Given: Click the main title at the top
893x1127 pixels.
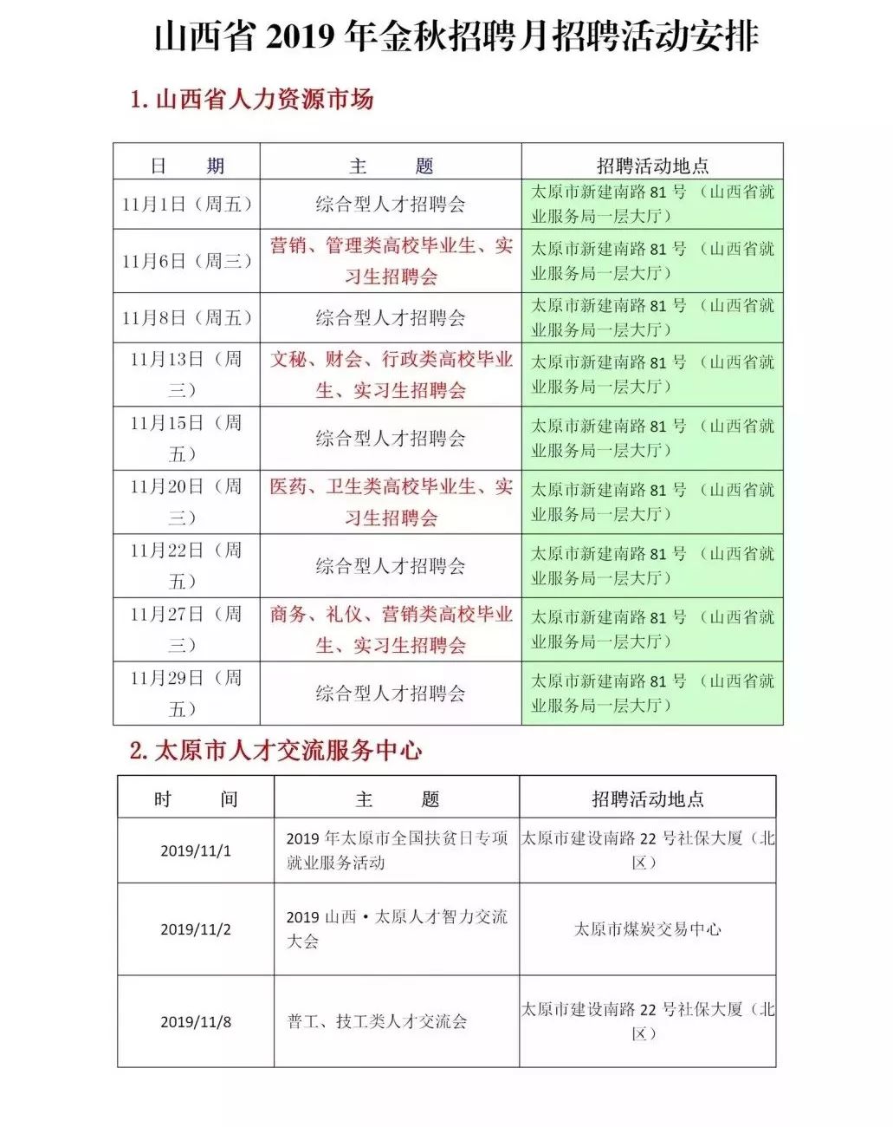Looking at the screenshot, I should pyautogui.click(x=456, y=36).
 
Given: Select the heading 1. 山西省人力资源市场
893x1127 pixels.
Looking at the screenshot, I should pyautogui.click(x=251, y=100).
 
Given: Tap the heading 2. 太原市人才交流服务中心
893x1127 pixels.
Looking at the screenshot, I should pyautogui.click(x=275, y=751).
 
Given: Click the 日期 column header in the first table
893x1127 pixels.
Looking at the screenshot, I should pyautogui.click(x=187, y=166).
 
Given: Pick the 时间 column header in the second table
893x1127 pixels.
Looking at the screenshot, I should pyautogui.click(x=196, y=799).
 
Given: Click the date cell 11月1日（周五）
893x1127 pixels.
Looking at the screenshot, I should pyautogui.click(x=187, y=205).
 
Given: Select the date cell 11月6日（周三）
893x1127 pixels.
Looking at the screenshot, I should pyautogui.click(x=187, y=261).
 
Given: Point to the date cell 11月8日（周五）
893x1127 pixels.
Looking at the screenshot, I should pyautogui.click(x=187, y=318).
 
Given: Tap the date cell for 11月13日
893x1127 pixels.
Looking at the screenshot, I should pyautogui.click(x=185, y=375).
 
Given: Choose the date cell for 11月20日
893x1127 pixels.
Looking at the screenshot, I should pyautogui.click(x=185, y=502).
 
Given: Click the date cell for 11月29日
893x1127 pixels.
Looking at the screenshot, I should pyautogui.click(x=185, y=694).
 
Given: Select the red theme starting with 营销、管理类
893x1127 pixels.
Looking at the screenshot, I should pyautogui.click(x=391, y=261).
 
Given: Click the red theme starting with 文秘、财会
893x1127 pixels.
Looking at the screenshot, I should pyautogui.click(x=391, y=375).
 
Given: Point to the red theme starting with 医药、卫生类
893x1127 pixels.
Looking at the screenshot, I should pyautogui.click(x=391, y=502).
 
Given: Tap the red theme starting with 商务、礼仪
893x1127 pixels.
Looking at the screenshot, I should pyautogui.click(x=391, y=629).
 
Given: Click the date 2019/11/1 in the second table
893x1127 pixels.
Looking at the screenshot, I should pyautogui.click(x=196, y=851).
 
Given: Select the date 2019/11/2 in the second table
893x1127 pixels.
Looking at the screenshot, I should pyautogui.click(x=196, y=929).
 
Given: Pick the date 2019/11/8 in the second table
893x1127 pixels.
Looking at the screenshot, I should pyautogui.click(x=196, y=1022).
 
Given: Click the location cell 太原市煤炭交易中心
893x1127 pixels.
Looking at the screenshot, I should pyautogui.click(x=648, y=929).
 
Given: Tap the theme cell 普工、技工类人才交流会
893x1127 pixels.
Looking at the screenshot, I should pyautogui.click(x=378, y=1022).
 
